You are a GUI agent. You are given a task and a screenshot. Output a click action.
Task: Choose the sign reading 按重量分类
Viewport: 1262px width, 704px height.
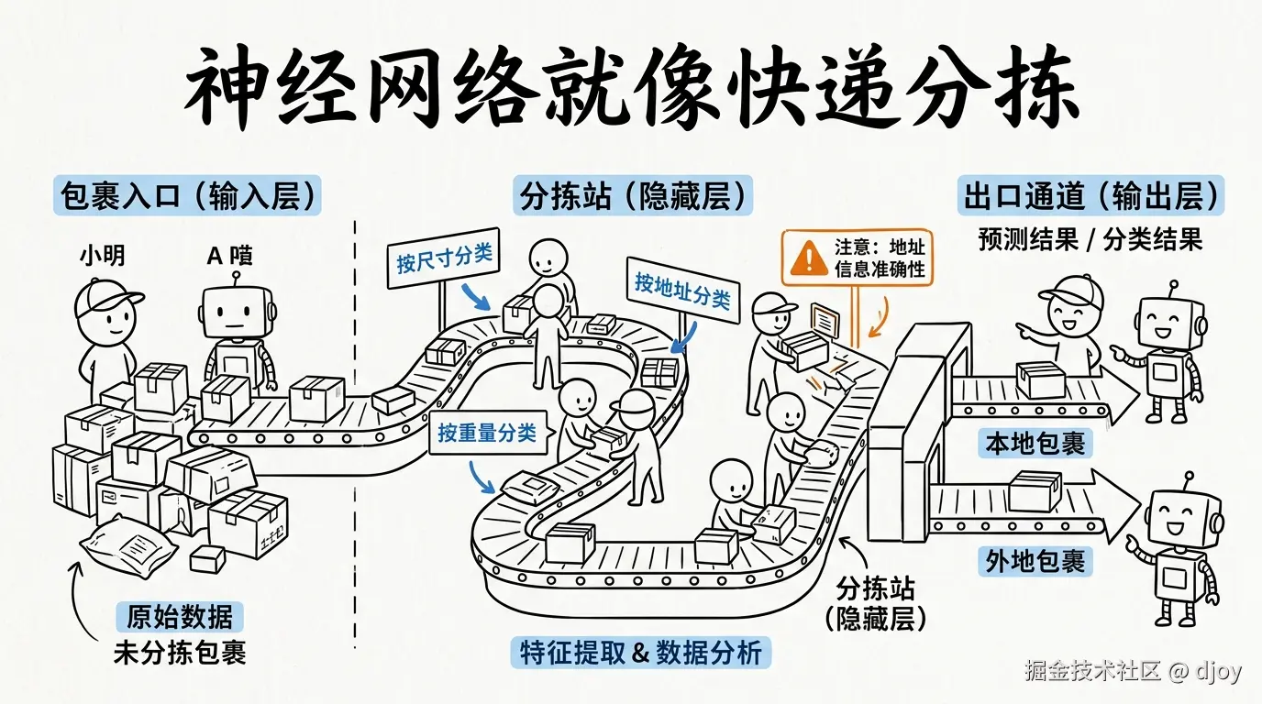[x=487, y=432]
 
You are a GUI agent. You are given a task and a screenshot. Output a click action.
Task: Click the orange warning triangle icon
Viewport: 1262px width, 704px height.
[x=808, y=258]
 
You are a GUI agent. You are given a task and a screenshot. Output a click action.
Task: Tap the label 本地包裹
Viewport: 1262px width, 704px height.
[x=1035, y=445]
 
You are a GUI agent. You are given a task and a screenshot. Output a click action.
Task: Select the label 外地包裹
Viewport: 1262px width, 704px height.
[x=1035, y=561]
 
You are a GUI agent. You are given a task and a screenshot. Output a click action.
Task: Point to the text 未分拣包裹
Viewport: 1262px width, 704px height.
[x=180, y=653]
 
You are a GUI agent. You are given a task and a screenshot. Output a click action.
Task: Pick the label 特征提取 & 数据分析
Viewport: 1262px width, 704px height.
[x=640, y=653]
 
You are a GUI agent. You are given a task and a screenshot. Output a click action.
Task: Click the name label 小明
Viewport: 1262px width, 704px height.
[x=102, y=256]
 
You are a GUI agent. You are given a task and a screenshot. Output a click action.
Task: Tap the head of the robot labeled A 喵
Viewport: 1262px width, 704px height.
[x=238, y=313]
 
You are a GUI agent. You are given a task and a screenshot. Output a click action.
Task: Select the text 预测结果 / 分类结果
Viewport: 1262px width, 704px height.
[x=1090, y=240]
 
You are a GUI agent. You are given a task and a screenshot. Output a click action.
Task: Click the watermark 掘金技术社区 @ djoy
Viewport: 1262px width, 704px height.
[x=1133, y=671]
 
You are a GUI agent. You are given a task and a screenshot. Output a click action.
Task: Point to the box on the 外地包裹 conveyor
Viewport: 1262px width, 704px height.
[x=1035, y=491]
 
